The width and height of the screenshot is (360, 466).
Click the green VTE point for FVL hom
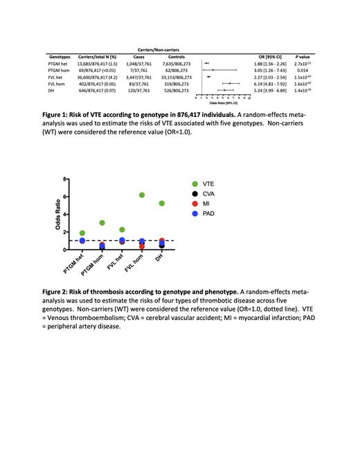coord(142,195)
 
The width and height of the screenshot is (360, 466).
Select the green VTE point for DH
coord(162,204)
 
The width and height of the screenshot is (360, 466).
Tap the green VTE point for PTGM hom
coord(102,223)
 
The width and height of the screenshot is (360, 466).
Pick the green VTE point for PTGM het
coord(82,233)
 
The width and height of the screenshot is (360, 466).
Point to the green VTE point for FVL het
coord(122,230)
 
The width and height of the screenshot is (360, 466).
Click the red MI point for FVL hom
coord(142,246)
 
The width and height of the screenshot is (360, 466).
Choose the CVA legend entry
coord(208,195)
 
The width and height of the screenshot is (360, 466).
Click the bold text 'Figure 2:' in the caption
coord(61,293)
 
